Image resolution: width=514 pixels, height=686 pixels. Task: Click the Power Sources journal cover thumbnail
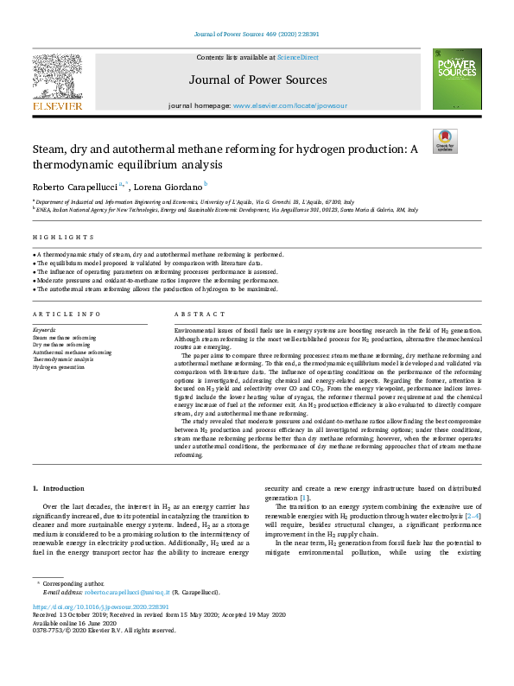pos(457,79)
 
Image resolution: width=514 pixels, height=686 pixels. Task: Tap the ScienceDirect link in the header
pos(299,57)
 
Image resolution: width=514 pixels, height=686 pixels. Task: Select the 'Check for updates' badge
pos(445,141)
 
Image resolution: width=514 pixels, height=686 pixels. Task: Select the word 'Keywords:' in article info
pos(45,330)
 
